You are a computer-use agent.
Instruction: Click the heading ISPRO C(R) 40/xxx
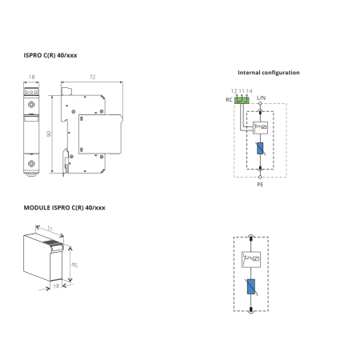pyautogui.click(x=50, y=55)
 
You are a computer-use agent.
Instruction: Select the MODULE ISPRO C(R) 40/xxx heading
pyautogui.click(x=65, y=208)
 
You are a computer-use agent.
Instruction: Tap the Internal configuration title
pyautogui.click(x=269, y=73)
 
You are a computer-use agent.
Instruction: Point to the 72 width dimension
pyautogui.click(x=92, y=77)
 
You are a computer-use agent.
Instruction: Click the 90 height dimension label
pyautogui.click(x=49, y=134)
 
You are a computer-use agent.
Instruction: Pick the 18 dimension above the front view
pyautogui.click(x=31, y=77)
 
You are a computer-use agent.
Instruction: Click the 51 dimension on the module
pyautogui.click(x=50, y=229)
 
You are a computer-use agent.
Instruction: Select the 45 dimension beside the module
pyautogui.click(x=74, y=265)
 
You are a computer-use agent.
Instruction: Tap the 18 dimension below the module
pyautogui.click(x=56, y=286)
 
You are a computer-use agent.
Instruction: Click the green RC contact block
pyautogui.click(x=242, y=100)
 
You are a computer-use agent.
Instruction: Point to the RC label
pyautogui.click(x=229, y=100)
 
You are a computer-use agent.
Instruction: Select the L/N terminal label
pyautogui.click(x=261, y=98)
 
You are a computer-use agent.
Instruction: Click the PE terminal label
pyautogui.click(x=260, y=185)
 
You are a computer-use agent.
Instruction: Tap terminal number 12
pyautogui.click(x=234, y=91)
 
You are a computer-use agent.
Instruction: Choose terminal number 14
pyautogui.click(x=249, y=91)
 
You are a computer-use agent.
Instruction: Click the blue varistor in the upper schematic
pyautogui.click(x=260, y=148)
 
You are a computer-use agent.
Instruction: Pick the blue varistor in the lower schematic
pyautogui.click(x=251, y=286)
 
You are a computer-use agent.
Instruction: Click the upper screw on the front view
pyautogui.click(x=31, y=105)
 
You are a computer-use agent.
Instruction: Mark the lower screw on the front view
pyautogui.click(x=31, y=163)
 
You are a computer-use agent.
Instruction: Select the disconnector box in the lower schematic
pyautogui.click(x=251, y=259)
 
